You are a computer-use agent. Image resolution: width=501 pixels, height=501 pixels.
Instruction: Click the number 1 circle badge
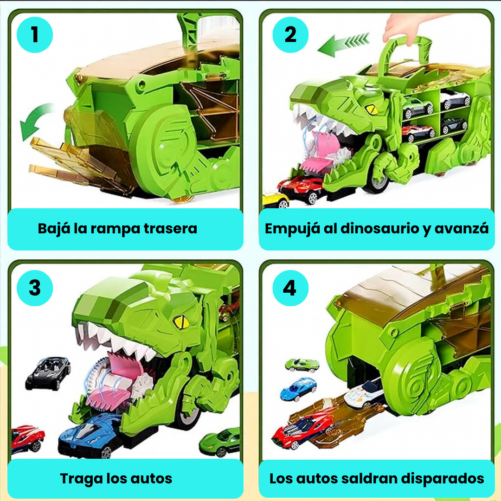35,35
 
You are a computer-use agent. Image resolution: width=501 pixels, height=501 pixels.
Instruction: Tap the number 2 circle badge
290,35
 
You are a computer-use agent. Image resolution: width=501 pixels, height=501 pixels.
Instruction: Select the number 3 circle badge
35,288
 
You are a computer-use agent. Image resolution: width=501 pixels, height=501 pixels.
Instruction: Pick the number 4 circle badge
289,288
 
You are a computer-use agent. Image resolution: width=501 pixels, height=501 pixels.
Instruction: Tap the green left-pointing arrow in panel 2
343,45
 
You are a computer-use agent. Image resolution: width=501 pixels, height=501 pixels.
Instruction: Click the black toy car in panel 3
48,373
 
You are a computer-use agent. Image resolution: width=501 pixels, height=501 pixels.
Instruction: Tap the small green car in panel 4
302,365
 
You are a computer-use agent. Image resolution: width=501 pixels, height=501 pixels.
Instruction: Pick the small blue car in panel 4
299,389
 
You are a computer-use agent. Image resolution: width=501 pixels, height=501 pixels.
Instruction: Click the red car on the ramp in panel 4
303,430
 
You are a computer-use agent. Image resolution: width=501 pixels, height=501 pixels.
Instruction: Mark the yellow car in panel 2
275,199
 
